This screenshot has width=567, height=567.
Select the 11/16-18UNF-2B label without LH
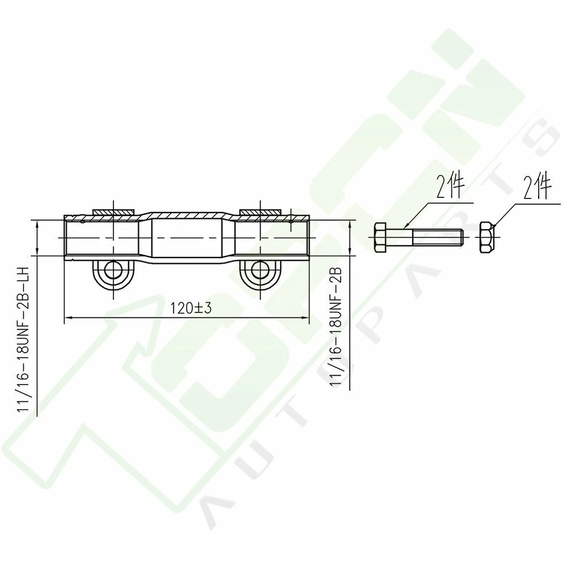click(336, 327)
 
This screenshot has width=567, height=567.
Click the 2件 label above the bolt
click(450, 188)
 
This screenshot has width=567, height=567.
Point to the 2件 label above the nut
click(537, 188)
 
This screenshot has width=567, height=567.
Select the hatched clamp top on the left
click(113, 211)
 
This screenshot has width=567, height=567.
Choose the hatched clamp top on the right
click(259, 211)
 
